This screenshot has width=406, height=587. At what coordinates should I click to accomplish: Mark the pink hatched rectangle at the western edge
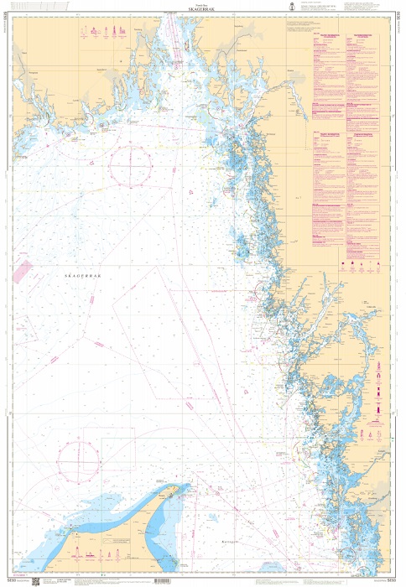22,270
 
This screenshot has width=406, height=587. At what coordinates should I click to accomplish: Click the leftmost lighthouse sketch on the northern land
81,33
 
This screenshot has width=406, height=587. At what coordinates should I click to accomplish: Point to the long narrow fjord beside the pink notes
294,101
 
